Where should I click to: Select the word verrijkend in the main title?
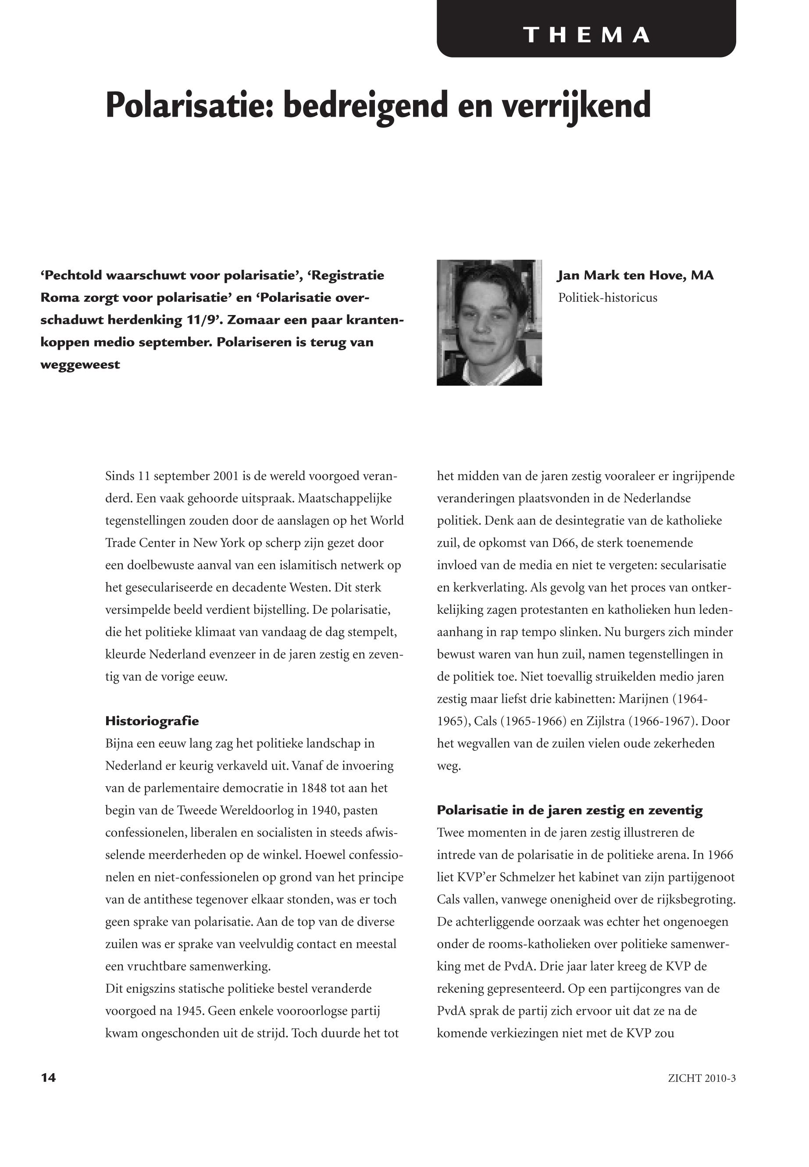pyautogui.click(x=575, y=105)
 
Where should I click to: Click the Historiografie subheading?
pyautogui.click(x=152, y=721)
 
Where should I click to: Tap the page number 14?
pyautogui.click(x=48, y=1078)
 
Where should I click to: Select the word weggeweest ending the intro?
pyautogui.click(x=80, y=365)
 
